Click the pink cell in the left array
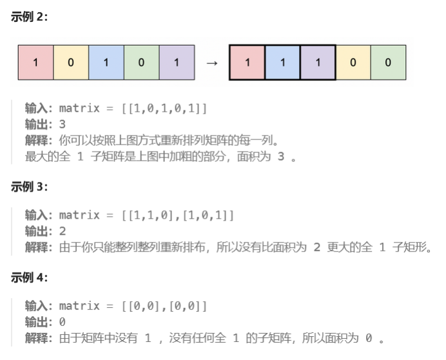coord(35,63)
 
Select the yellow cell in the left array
coord(71,63)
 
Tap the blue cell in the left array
coord(106,63)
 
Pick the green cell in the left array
coord(141,63)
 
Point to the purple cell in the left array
coord(177,63)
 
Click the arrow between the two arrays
coord(211,63)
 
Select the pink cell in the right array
coord(247,63)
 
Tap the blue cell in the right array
coord(282,63)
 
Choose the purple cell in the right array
coord(318,63)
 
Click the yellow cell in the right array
coord(353,63)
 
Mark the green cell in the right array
coord(388,63)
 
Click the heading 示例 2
coord(30,17)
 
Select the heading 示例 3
coord(30,187)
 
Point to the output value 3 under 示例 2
coord(62,124)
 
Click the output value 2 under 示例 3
coord(62,231)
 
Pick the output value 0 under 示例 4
coord(62,321)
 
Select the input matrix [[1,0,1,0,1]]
coord(164,108)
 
